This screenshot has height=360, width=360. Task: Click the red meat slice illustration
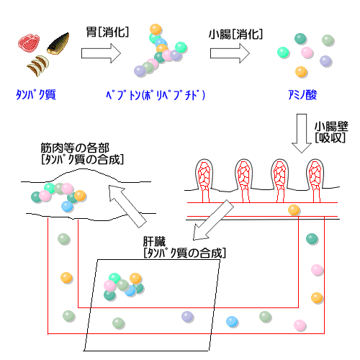[29, 42]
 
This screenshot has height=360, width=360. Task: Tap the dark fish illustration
[58, 44]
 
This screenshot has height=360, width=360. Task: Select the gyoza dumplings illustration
[38, 66]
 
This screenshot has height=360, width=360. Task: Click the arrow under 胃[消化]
[101, 53]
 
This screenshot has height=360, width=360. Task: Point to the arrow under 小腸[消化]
[230, 53]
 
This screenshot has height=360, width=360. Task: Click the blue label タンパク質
[36, 94]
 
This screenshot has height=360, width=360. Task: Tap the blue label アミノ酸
[302, 94]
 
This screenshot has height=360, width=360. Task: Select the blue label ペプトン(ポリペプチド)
[156, 95]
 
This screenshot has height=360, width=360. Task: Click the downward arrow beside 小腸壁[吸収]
[302, 133]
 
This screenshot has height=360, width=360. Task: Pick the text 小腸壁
[331, 126]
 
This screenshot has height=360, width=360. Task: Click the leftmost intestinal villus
[204, 180]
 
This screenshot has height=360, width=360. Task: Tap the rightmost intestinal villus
[315, 180]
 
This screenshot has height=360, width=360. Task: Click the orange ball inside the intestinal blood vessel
[294, 210]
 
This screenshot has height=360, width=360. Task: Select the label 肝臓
[154, 242]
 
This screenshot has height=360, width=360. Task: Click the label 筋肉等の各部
[75, 148]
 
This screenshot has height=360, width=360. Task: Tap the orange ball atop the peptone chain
[156, 30]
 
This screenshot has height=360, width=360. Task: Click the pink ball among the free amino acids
[307, 53]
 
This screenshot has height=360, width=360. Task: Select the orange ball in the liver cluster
[135, 279]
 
